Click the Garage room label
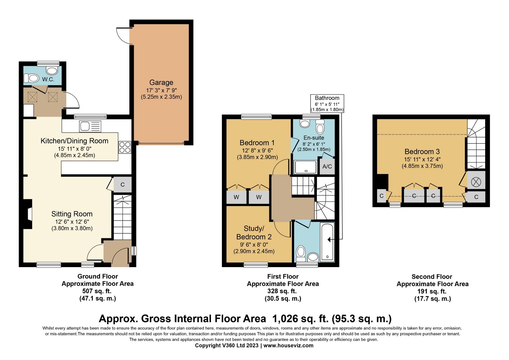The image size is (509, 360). click(x=161, y=82)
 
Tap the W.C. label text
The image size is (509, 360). click(x=48, y=79)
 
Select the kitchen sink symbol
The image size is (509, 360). click(x=90, y=126)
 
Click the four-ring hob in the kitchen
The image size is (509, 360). click(x=125, y=147)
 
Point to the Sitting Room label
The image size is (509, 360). click(x=72, y=214)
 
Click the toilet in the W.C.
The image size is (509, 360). click(x=31, y=78)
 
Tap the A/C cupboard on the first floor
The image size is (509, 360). click(x=327, y=166)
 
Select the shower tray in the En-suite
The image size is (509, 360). click(x=305, y=167)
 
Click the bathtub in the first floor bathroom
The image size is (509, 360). click(x=327, y=242)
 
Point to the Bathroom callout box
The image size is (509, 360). click(x=327, y=103)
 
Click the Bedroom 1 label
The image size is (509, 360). click(x=257, y=143)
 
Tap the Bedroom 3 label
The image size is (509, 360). click(x=422, y=152)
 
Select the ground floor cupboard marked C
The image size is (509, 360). click(x=122, y=184)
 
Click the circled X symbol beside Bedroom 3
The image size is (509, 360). click(x=476, y=182)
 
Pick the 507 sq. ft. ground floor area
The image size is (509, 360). click(x=97, y=291)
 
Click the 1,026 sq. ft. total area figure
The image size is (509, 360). click(x=300, y=319)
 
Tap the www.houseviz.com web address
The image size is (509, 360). click(x=288, y=345)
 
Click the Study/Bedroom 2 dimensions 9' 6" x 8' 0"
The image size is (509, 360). click(x=254, y=244)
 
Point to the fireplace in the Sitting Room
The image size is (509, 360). click(x=27, y=214)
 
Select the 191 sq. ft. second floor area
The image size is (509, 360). click(x=432, y=291)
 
